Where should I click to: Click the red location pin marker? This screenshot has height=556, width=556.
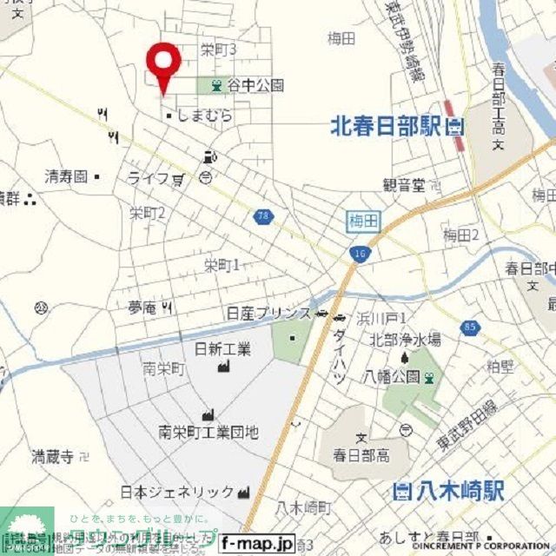pyautogui.click(x=162, y=63)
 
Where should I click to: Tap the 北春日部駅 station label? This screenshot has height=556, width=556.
pyautogui.click(x=386, y=127)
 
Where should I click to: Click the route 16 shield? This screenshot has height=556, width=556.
pyautogui.click(x=358, y=253)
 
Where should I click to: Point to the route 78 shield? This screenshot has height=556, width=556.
pyautogui.click(x=261, y=215)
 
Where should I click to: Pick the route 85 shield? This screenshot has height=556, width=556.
pyautogui.click(x=470, y=328)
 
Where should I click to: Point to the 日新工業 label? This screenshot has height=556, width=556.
pyautogui.click(x=222, y=349)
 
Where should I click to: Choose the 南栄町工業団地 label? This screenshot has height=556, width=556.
pyautogui.click(x=208, y=431)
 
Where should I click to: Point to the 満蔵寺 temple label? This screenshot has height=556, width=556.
pyautogui.click(x=52, y=455)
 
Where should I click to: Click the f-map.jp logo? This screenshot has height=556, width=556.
pyautogui.click(x=257, y=542)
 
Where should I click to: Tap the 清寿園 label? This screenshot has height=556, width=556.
pyautogui.click(x=67, y=175)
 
